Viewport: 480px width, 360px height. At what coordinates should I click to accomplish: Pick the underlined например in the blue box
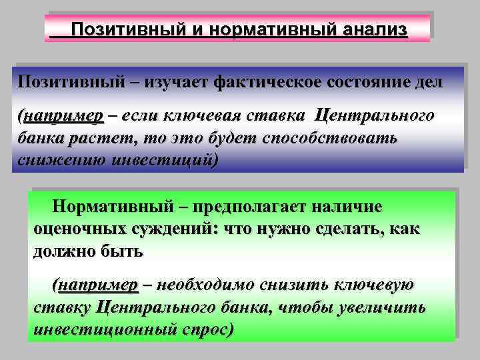tap(63, 115)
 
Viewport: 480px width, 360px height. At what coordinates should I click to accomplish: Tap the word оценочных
tap(79, 229)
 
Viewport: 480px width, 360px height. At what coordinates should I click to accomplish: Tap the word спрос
tap(206, 330)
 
